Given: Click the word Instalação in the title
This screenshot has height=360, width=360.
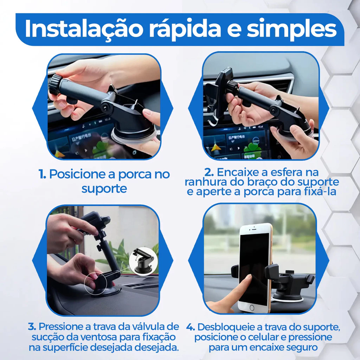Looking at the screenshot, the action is [83, 29].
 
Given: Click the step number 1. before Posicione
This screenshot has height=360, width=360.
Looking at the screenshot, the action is [42, 174].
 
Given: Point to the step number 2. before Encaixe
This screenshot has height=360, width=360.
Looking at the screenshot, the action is [209, 172].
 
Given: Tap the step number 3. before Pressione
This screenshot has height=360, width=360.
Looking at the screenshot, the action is [32, 327].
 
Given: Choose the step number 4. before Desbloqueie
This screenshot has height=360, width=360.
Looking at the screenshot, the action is [191, 327].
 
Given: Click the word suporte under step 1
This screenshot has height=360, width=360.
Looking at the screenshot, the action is [104, 189].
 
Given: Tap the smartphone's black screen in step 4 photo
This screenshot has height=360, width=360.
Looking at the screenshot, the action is [254, 268].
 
